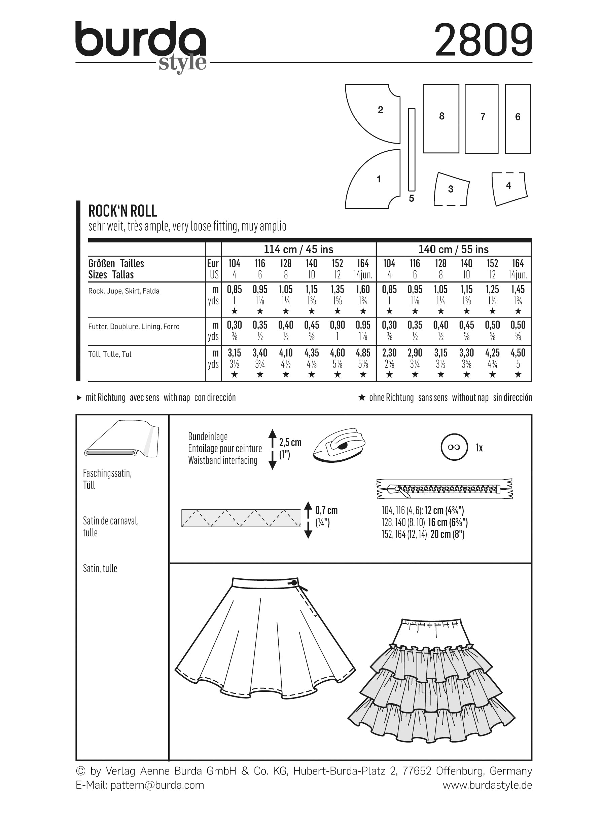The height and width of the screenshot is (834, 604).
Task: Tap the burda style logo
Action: point(141,46)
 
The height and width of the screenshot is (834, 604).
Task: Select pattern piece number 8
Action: point(441,118)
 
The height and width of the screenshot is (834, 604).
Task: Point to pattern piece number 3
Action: point(451,189)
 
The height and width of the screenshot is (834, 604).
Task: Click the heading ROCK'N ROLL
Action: point(122,211)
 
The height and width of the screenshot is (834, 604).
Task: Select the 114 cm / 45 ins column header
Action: point(298,249)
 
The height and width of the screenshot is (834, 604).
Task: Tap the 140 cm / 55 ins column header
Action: point(453,249)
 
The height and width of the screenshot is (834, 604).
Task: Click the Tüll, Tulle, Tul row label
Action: point(110,354)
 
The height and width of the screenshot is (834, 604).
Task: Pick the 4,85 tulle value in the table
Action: point(363,353)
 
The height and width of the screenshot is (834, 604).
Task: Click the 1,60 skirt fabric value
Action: point(363,290)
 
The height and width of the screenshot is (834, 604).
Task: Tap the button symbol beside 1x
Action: point(454,447)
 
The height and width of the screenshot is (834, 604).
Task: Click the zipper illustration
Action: point(445,489)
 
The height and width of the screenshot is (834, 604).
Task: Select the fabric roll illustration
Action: point(121,440)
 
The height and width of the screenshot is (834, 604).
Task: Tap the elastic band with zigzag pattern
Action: point(241,518)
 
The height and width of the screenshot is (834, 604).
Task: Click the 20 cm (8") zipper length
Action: point(447,534)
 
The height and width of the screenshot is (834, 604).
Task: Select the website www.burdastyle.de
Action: point(487,785)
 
